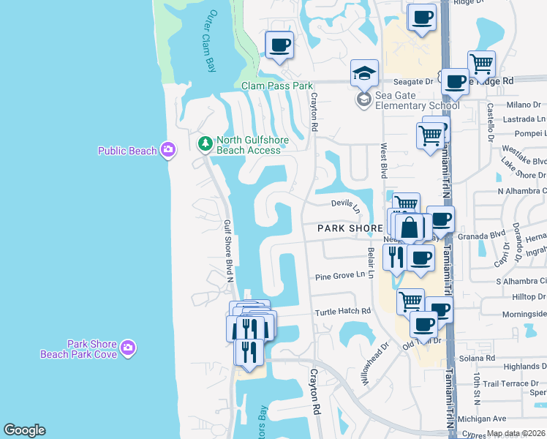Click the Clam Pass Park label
point(277,86)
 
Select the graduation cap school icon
point(364,73)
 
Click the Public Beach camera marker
point(169,150)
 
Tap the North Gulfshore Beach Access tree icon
point(205,142)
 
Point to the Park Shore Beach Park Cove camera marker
point(128,347)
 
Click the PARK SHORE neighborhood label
point(350,228)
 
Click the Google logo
point(23,430)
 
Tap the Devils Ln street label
point(346,205)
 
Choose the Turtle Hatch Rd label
point(342,311)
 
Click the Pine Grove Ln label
point(339,276)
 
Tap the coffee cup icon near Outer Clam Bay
point(279,46)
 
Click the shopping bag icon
point(410,228)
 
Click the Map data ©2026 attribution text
point(516,433)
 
